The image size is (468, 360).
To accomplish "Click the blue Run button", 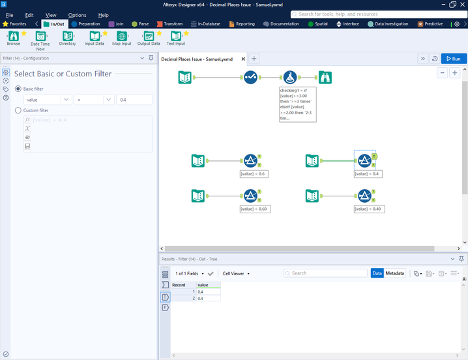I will tap(454, 59).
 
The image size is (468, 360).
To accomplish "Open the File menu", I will tap(10, 15).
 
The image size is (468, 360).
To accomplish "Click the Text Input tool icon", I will tap(175, 37).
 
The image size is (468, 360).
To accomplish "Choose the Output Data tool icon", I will tap(149, 37).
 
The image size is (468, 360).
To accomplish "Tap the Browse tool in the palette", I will tap(13, 37).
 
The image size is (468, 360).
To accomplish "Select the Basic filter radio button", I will tap(18, 88).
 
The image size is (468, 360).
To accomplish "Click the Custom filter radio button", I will tap(18, 111).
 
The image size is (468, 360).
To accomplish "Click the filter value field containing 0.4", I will tap(134, 100).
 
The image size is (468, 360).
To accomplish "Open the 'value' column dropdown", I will tap(66, 100).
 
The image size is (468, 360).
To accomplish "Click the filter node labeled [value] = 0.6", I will tap(250, 160).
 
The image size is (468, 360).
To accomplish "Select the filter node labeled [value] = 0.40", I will tap(364, 195).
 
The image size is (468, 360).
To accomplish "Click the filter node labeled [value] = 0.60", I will tap(250, 195).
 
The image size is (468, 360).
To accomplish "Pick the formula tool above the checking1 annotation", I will tap(291, 78).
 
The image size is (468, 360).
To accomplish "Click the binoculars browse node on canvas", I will tap(325, 78).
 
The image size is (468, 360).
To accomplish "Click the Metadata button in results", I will tap(394, 273).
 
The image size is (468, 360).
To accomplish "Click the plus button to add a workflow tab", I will tap(254, 59).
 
